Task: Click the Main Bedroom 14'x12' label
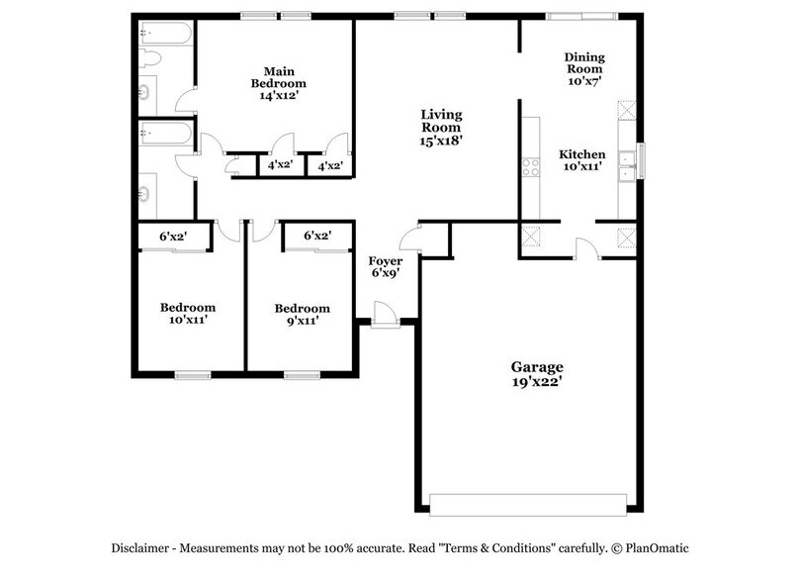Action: coord(278,83)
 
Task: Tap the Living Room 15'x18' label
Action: coord(441,128)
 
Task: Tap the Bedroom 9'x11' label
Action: coord(302,314)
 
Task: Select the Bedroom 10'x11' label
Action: coord(188,314)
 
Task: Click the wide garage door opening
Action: coord(529,506)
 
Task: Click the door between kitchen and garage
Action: coord(586,250)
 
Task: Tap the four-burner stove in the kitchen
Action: coord(531,166)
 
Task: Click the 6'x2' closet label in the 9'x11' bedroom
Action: coord(316,236)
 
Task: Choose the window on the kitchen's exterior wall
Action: coord(641,159)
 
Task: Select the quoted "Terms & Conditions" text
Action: coord(493,547)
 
